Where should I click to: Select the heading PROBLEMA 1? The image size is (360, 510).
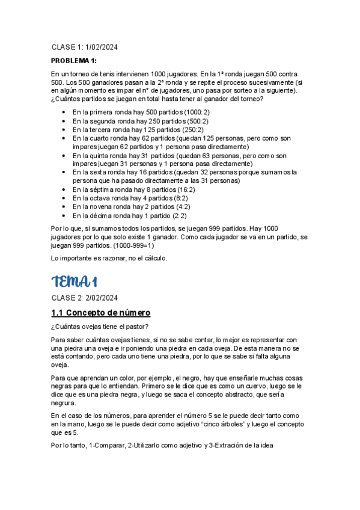[x=74, y=61]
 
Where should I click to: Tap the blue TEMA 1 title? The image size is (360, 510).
[x=75, y=281]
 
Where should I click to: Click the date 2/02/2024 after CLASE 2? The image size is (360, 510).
[x=102, y=298]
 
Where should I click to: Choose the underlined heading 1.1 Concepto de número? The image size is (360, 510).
[x=101, y=313]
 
